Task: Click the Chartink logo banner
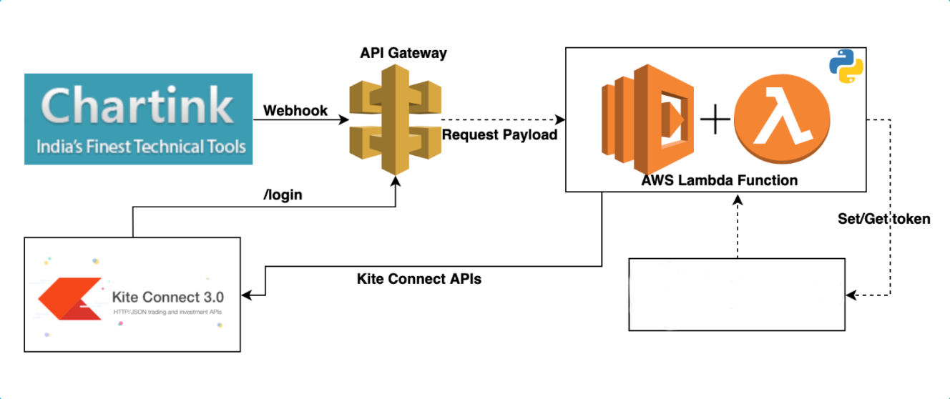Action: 138,119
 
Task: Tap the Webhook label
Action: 295,111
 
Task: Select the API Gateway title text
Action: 403,53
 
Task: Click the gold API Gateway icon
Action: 396,119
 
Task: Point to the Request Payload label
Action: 499,135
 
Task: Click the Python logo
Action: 846,66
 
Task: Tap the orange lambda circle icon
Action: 782,119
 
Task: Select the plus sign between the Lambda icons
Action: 715,119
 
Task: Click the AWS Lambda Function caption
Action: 719,180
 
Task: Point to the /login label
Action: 283,194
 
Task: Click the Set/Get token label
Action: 884,219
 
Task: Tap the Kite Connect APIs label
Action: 419,279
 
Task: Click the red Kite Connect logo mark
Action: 70,298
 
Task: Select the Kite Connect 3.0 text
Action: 168,297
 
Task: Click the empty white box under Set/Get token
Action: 737,295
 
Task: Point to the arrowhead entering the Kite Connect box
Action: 247,295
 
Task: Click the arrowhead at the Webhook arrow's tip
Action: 343,119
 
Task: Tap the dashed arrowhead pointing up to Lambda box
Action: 738,200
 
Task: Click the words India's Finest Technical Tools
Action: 141,147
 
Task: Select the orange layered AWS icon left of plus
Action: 647,119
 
